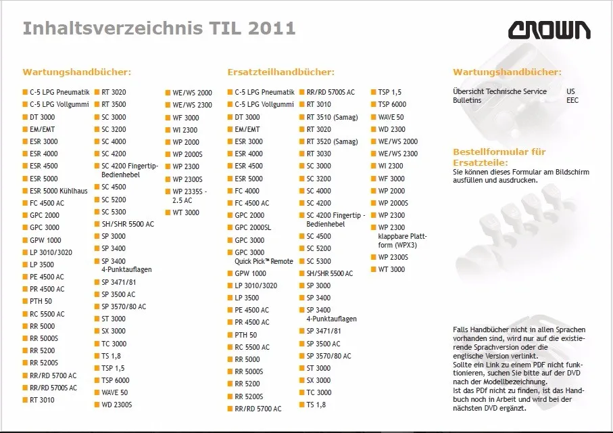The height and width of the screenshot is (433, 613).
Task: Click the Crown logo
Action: [549, 30]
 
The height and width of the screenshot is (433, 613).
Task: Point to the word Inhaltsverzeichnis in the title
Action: [113, 28]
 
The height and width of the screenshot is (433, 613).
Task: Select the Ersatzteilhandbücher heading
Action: [280, 72]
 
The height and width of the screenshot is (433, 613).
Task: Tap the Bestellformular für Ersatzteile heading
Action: [499, 157]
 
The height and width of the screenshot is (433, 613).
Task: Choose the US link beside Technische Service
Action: [570, 91]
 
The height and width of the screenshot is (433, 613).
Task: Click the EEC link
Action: [572, 100]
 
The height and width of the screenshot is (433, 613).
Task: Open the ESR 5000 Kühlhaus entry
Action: [59, 191]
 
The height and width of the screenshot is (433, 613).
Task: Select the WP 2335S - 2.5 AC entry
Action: [190, 196]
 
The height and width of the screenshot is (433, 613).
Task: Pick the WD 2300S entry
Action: [116, 405]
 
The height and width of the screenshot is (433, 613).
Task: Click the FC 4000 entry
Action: [247, 191]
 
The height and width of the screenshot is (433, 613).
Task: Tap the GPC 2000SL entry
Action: [253, 227]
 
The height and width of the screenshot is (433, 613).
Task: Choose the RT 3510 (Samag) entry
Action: [332, 117]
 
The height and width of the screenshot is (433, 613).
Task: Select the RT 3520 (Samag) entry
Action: [332, 141]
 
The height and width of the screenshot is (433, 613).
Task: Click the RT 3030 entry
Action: [318, 154]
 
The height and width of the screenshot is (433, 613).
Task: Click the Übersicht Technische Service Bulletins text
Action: [499, 96]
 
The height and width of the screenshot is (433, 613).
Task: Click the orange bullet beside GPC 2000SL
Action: [230, 227]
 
